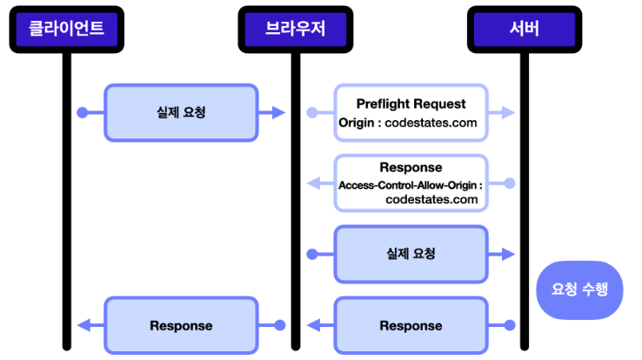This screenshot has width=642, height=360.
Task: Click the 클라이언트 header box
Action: coord(67,29)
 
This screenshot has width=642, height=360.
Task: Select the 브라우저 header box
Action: coord(296,29)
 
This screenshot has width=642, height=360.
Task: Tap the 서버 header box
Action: coord(525,29)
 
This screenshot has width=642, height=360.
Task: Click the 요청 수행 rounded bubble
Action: coord(579,290)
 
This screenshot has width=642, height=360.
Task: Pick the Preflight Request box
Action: coord(411,112)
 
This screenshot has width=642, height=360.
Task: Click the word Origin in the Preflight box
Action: coord(356,123)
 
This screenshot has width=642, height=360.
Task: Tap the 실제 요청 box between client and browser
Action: coord(181,112)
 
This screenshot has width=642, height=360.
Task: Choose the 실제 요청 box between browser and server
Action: coord(411,254)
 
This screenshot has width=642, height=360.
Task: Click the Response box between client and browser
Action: coord(181,325)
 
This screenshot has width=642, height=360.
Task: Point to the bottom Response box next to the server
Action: coord(411,325)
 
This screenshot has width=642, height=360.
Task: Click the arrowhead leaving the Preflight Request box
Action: coord(509,112)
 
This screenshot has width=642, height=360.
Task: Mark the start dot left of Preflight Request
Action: coord(312,112)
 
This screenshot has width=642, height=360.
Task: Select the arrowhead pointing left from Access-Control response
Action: coord(314,183)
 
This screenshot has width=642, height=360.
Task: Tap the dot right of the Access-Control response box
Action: coord(510,183)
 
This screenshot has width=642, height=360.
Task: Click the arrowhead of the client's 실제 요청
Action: coord(279,112)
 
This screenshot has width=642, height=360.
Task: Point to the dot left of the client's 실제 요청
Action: coord(83,112)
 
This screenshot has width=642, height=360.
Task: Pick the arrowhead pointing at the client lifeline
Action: coord(84,325)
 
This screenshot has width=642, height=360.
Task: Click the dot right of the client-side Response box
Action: coord(280,325)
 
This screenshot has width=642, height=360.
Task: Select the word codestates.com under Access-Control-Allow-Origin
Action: coord(431,200)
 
